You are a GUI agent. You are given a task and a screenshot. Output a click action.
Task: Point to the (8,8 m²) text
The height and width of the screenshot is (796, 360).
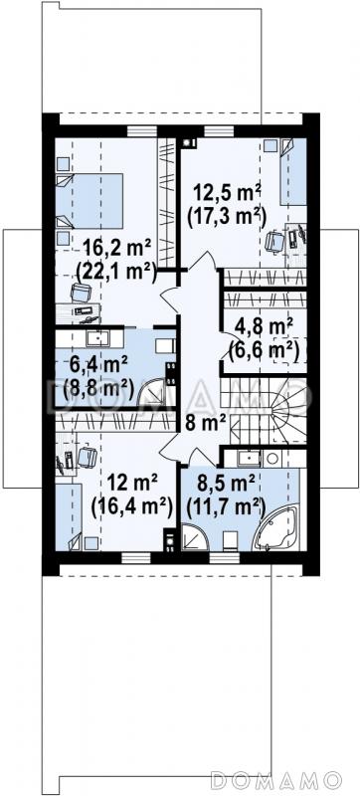coord(98,390)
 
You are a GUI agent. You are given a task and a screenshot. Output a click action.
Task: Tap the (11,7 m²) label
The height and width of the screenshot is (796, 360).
coord(226,505)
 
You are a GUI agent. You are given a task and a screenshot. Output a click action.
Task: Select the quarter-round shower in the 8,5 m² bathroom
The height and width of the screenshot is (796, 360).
coord(195,537)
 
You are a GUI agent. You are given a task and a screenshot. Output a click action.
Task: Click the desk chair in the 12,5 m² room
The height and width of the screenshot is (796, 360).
coord(274,241)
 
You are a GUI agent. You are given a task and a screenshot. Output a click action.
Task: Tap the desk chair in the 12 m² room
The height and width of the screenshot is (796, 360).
coord(88,457)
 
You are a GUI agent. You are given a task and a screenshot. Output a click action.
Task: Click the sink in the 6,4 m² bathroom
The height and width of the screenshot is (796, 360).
coord(96,337)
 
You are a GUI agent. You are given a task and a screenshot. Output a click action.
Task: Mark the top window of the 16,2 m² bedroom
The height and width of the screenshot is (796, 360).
coord(142,131)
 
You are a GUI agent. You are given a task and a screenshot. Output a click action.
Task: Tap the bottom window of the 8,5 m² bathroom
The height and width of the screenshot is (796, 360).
coord(225,558)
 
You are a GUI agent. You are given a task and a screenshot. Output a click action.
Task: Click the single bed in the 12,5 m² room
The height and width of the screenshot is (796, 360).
coord(293,171)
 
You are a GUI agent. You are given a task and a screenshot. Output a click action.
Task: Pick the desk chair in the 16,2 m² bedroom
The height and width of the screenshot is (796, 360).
coord(82,293)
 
